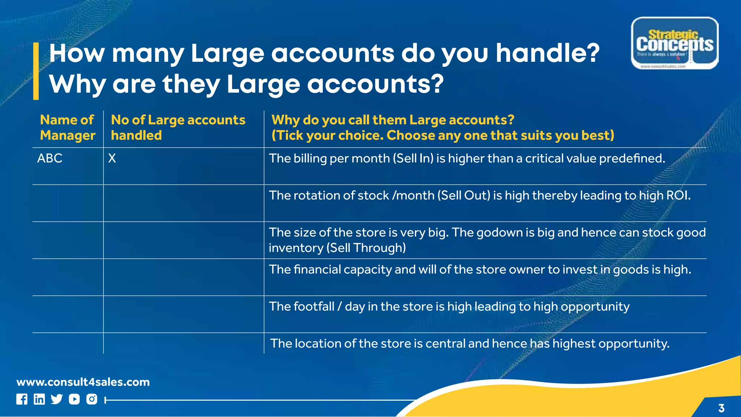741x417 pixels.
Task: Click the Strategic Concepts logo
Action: pyautogui.click(x=674, y=43)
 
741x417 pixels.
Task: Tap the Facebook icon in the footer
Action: pyautogui.click(x=22, y=399)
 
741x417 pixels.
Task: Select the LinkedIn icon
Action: pyautogui.click(x=39, y=399)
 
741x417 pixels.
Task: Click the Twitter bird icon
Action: pyautogui.click(x=57, y=399)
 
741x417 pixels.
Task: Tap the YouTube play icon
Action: pyautogui.click(x=74, y=399)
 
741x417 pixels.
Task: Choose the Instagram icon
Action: pyautogui.click(x=92, y=399)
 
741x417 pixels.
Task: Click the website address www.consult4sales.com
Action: pyautogui.click(x=83, y=382)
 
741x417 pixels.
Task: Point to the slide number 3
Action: pyautogui.click(x=721, y=408)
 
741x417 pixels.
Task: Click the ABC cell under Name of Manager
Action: pyautogui.click(x=50, y=158)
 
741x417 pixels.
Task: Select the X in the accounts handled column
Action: pyautogui.click(x=112, y=158)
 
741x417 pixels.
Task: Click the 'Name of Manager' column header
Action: pyautogui.click(x=67, y=127)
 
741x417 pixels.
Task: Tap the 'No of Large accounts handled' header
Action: pyautogui.click(x=178, y=127)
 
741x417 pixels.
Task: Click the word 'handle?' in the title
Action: pyautogui.click(x=547, y=53)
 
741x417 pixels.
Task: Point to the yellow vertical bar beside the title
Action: pyautogui.click(x=36, y=71)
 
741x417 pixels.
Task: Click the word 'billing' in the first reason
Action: pyautogui.click(x=310, y=158)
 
